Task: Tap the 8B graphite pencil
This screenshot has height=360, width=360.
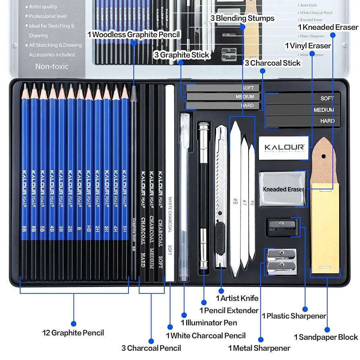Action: point(25,181)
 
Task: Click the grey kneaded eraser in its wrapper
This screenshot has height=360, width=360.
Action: point(283,189)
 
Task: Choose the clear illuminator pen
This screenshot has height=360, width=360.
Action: point(184,193)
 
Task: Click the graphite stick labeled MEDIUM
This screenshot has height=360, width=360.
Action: point(223,97)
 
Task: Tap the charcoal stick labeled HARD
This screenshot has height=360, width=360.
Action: point(302,121)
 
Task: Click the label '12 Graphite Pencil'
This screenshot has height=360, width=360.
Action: point(73,333)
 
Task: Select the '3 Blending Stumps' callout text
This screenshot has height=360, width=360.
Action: point(242,18)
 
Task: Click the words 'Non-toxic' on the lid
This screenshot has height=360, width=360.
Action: point(52,66)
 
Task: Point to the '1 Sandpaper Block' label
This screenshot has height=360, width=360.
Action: point(326,337)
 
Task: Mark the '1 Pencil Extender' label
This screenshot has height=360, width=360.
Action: point(229,310)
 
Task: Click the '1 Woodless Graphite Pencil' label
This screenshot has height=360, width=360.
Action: point(134,35)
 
